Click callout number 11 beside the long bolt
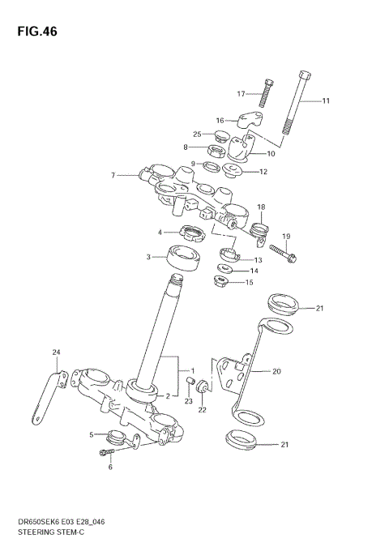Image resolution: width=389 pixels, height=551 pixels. tap(326, 101)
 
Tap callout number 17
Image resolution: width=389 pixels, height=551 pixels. tap(241, 94)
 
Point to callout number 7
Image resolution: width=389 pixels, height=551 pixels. tap(113, 174)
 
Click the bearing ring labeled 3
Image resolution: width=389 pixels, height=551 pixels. tap(185, 258)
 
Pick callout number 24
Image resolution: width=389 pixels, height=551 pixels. tap(56, 352)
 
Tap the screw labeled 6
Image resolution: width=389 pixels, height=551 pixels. tap(106, 452)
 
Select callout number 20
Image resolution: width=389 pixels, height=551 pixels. tap(276, 372)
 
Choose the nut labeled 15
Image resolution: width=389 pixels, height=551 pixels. tap(218, 283)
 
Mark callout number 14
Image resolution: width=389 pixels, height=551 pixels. tap(254, 271)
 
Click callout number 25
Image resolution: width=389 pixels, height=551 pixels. tap(197, 134)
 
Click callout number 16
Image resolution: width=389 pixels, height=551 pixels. tap(219, 120)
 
